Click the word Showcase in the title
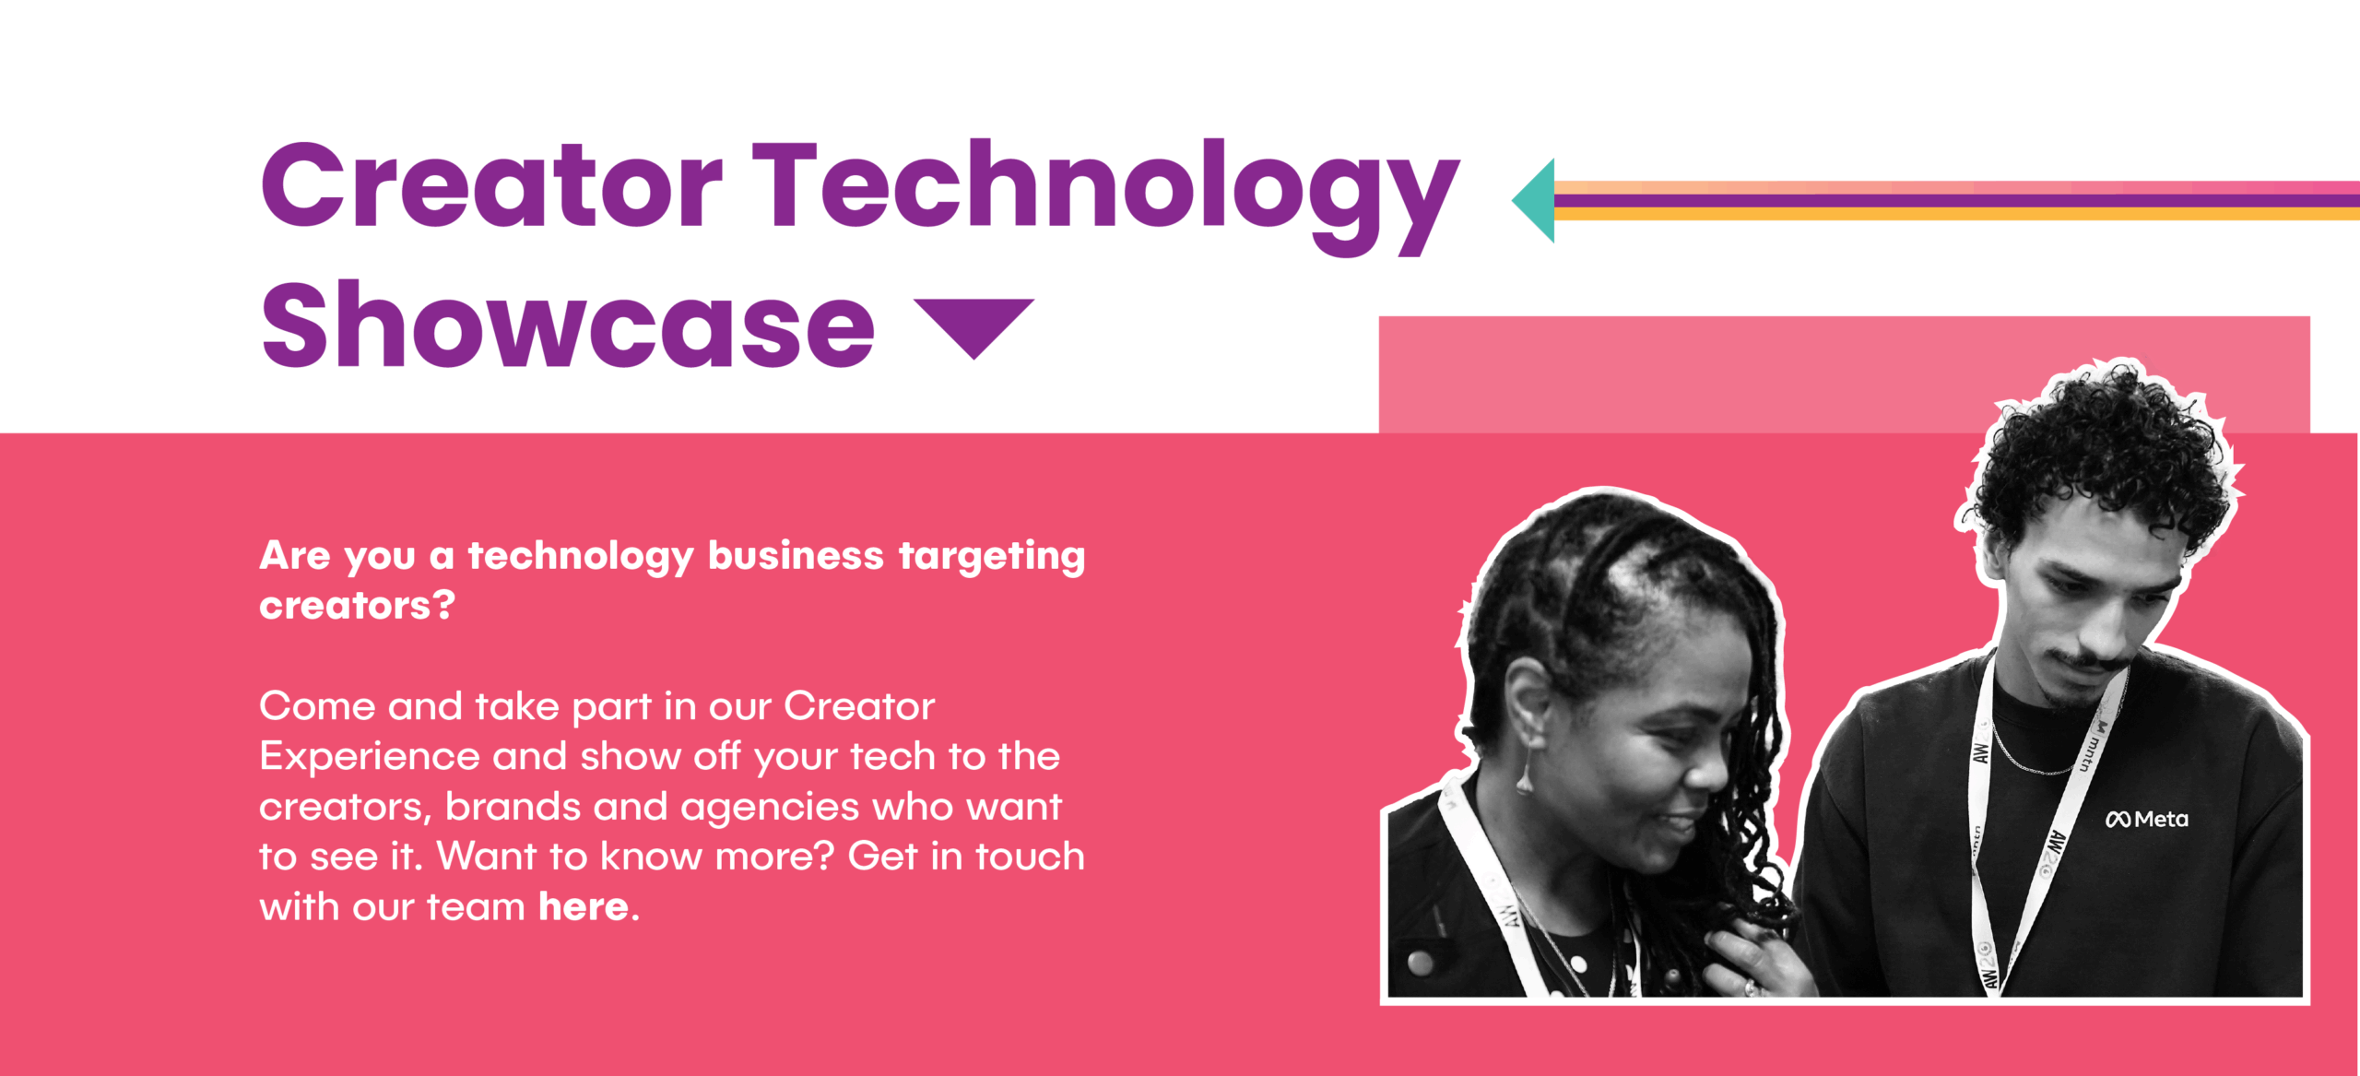pyautogui.click(x=568, y=325)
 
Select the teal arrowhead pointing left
pyautogui.click(x=1534, y=201)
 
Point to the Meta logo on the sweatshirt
pyautogui.click(x=2146, y=819)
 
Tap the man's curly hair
pyautogui.click(x=2102, y=452)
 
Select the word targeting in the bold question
pyautogui.click(x=992, y=557)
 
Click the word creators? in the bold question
pyautogui.click(x=358, y=606)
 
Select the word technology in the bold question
pyautogui.click(x=581, y=557)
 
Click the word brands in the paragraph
pyautogui.click(x=513, y=807)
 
